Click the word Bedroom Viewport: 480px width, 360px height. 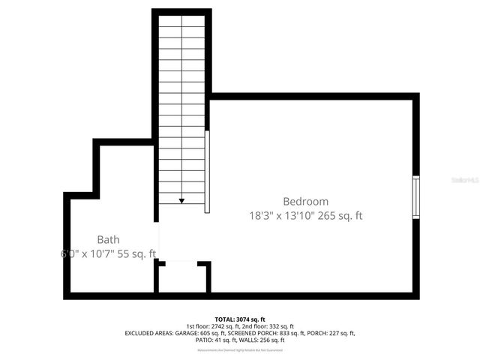[x=305, y=201]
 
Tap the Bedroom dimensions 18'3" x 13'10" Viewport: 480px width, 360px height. [x=282, y=216]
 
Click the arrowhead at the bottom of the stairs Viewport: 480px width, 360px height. [x=181, y=200]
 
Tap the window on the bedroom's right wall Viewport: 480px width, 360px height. [x=415, y=198]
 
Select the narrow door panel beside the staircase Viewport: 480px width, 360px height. [x=207, y=172]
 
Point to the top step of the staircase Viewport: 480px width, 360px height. [x=181, y=22]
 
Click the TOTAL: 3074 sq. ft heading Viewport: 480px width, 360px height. [x=240, y=319]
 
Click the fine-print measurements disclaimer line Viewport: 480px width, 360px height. [x=240, y=349]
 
